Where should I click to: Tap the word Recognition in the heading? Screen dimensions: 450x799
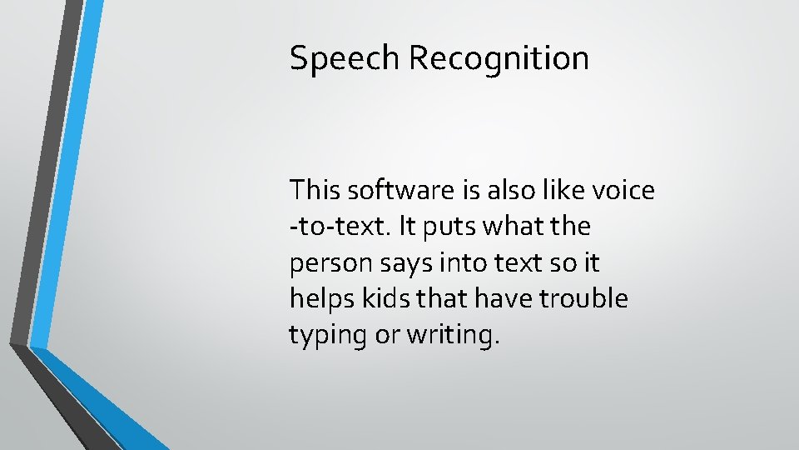click(x=499, y=59)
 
